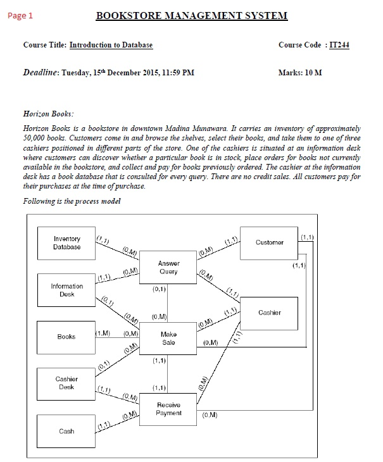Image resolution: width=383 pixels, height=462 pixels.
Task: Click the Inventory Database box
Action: click(x=66, y=243)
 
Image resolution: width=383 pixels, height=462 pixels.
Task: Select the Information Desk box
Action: click(x=66, y=290)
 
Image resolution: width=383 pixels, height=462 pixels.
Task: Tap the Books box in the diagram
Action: click(x=66, y=337)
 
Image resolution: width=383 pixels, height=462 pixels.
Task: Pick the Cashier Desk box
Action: click(x=66, y=383)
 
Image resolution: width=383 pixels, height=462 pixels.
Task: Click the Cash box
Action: click(x=66, y=431)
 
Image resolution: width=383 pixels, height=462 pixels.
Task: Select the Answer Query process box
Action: click(x=168, y=267)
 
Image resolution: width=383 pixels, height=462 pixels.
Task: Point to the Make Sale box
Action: click(x=168, y=338)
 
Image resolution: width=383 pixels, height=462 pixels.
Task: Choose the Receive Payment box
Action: click(x=168, y=409)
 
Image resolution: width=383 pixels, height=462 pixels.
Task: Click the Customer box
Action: click(x=269, y=242)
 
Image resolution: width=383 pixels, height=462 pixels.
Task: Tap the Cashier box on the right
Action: click(x=269, y=313)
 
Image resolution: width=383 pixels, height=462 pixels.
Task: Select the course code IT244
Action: click(x=339, y=46)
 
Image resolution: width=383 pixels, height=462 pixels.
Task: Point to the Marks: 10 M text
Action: click(x=300, y=73)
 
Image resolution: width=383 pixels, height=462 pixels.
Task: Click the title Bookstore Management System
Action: click(x=191, y=16)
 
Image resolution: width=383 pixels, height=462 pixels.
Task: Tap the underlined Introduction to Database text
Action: click(x=111, y=46)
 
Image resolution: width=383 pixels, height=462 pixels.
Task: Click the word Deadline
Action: click(x=41, y=73)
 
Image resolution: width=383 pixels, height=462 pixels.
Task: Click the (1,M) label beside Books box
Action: click(x=103, y=333)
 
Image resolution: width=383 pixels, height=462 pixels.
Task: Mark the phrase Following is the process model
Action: click(x=72, y=201)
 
